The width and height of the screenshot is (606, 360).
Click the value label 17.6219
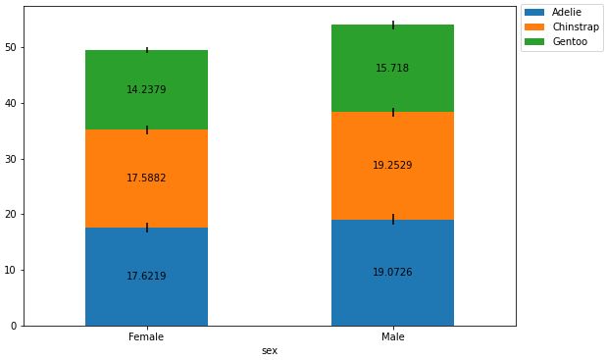146,277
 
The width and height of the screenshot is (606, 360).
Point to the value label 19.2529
392,166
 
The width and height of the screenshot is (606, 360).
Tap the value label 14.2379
146,90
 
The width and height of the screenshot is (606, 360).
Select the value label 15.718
392,69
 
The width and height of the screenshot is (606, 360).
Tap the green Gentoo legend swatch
535,43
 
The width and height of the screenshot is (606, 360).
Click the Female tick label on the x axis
146,337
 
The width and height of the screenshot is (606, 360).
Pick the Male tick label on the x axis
392,337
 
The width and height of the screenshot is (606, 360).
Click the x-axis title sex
270,351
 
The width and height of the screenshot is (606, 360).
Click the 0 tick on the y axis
15,326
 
